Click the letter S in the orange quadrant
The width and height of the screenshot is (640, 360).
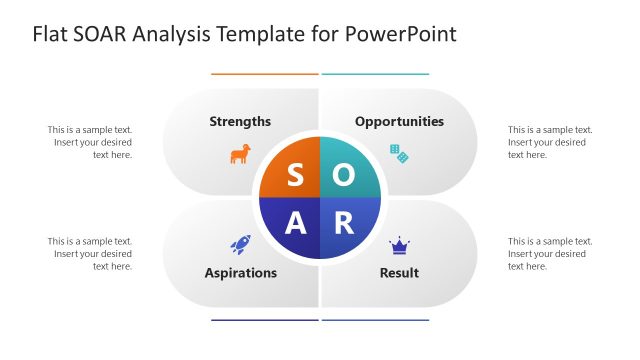click(295, 175)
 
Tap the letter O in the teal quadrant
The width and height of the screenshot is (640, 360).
click(343, 175)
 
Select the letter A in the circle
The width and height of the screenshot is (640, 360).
click(295, 223)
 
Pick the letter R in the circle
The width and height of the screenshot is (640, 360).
click(343, 223)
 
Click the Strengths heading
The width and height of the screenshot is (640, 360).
click(240, 121)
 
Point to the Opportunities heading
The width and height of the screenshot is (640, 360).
click(399, 121)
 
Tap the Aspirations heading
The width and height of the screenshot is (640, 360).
click(240, 272)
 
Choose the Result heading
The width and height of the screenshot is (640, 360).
click(399, 272)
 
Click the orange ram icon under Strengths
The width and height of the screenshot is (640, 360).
click(240, 154)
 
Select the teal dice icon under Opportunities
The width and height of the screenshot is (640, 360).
click(399, 153)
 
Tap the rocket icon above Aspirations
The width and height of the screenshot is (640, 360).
click(240, 243)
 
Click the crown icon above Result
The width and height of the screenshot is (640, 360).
click(399, 244)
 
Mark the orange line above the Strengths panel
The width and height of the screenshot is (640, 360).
click(264, 74)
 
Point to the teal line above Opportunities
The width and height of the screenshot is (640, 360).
click(375, 74)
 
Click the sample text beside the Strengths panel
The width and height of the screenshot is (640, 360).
click(90, 142)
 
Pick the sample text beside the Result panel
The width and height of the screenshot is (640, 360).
click(550, 254)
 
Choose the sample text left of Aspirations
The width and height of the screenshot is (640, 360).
click(90, 254)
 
